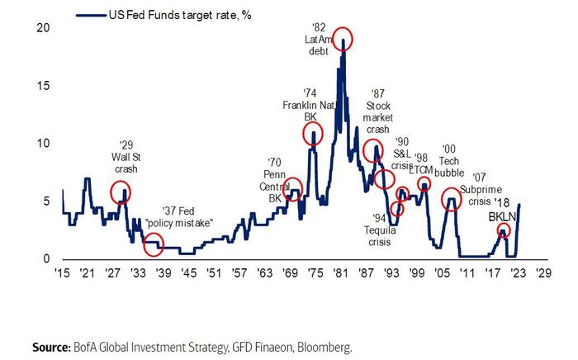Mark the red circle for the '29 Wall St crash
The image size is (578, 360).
tap(121, 192)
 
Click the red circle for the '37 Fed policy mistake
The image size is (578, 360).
tap(153, 244)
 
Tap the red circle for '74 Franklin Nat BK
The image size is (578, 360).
tap(312, 133)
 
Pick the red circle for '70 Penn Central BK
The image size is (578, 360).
tap(292, 189)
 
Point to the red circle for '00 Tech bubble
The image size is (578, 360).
tap(451, 198)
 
